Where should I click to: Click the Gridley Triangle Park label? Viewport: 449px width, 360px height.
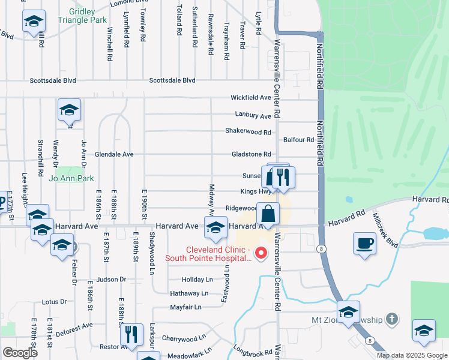[82, 15]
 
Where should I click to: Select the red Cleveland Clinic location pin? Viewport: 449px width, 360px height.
[261, 253]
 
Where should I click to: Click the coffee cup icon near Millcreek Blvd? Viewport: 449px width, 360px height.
[364, 244]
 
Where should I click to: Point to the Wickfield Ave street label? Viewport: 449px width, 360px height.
[252, 97]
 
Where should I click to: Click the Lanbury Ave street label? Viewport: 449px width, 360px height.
[252, 116]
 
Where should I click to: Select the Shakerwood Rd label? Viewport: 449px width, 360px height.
[248, 131]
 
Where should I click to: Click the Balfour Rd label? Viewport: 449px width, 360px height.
[299, 140]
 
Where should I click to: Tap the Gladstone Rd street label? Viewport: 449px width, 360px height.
[252, 154]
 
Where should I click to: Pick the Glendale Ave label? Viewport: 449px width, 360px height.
[114, 154]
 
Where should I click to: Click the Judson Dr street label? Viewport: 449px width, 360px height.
[110, 280]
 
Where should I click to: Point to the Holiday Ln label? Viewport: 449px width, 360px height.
[197, 280]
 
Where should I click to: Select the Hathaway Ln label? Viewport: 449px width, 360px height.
[189, 293]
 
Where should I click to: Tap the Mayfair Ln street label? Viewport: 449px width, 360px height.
[185, 307]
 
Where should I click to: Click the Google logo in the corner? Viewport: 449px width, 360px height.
[20, 353]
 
